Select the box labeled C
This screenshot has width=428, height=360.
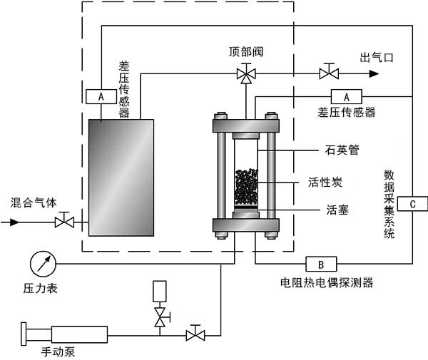413,205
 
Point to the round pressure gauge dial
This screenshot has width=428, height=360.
42,264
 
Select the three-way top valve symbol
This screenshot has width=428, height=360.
247,73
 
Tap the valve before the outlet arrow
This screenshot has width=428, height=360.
329,73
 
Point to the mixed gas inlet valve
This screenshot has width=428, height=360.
66,222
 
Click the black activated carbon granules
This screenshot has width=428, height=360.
246,187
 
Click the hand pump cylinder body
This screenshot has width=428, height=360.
78,332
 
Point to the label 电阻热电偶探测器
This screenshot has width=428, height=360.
327,283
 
